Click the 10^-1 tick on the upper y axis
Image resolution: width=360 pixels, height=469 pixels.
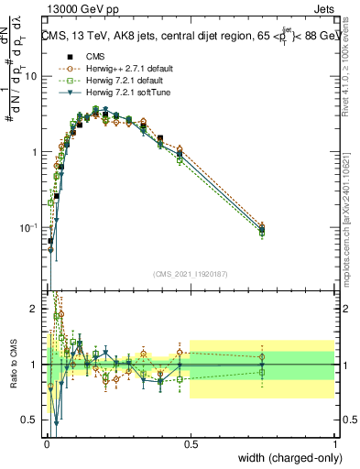point(29,227)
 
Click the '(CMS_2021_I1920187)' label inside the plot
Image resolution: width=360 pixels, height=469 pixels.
point(190,273)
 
